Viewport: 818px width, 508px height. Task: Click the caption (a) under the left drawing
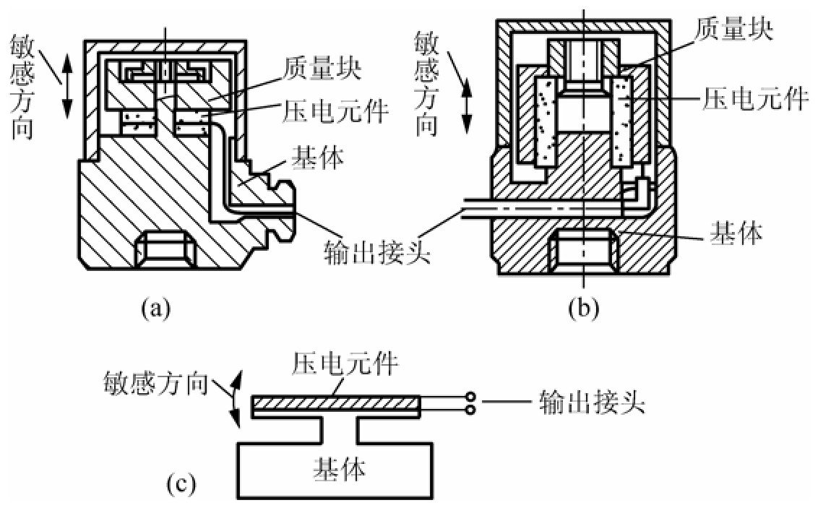[x=156, y=309]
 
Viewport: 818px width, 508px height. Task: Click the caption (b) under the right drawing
[x=582, y=309]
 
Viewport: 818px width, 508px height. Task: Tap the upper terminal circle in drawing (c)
[x=471, y=397]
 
